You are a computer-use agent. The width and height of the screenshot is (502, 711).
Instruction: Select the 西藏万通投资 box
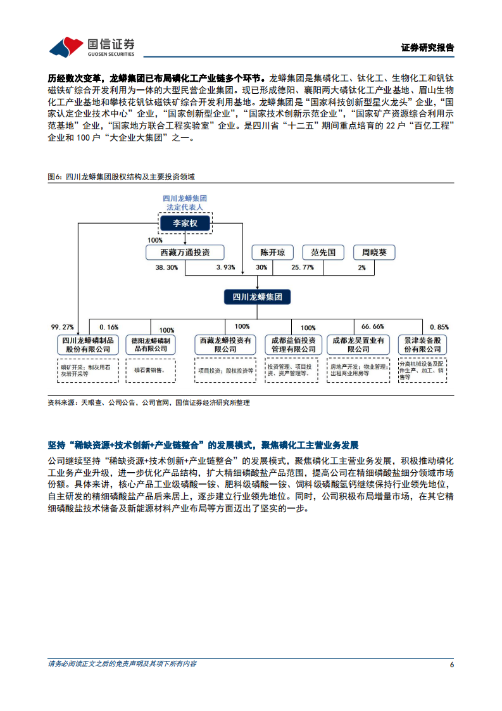[x=185, y=252]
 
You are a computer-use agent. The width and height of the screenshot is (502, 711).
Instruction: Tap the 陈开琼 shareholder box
[x=273, y=252]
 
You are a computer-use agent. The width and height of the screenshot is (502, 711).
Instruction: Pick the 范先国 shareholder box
[x=322, y=252]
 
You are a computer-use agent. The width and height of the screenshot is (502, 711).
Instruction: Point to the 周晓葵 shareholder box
[x=373, y=252]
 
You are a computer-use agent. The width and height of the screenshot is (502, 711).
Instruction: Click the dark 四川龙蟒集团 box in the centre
[x=257, y=297]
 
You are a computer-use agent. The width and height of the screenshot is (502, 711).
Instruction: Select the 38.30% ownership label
[x=166, y=268]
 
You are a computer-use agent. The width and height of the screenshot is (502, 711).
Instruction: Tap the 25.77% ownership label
[x=303, y=268]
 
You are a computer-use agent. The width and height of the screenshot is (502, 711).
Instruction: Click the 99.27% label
[x=63, y=327]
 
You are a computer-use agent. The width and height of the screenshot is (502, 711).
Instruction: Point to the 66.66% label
[x=372, y=327]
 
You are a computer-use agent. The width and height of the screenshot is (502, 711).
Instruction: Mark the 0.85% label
[x=439, y=327]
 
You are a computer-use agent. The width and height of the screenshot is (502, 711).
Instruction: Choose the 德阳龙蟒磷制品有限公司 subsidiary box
[x=151, y=345]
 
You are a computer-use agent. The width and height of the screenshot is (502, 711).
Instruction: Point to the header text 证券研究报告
[x=428, y=48]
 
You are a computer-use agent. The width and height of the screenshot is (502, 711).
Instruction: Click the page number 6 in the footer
[x=451, y=664]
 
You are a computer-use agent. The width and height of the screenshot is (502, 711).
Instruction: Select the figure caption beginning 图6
[x=121, y=177]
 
